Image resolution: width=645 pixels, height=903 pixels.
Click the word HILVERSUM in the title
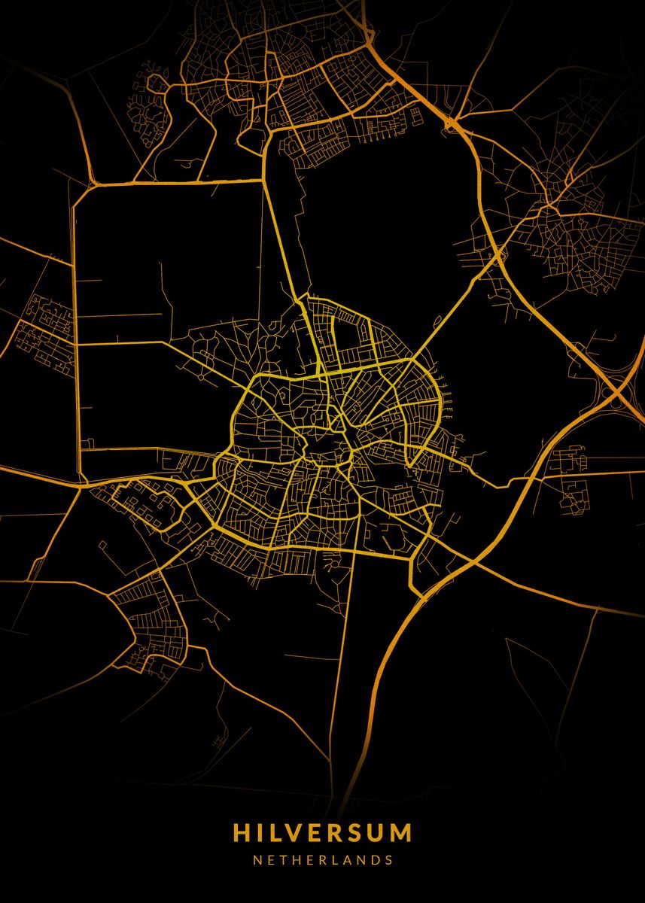(x=322, y=833)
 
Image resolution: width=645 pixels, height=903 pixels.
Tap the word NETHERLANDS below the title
(x=322, y=859)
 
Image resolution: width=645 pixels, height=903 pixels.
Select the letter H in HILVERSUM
(x=242, y=833)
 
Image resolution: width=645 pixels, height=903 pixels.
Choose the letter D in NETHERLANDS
(x=374, y=859)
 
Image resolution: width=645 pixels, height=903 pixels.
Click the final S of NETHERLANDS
(x=388, y=859)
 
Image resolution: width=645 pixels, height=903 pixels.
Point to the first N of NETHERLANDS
(x=257, y=859)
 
